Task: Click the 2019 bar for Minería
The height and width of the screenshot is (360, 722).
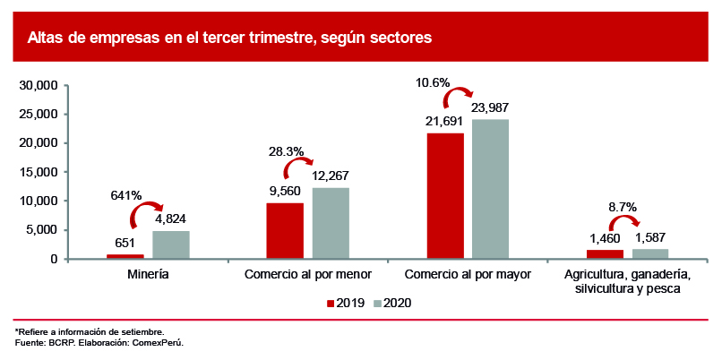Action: point(125,256)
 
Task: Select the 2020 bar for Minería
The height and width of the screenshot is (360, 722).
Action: point(170,244)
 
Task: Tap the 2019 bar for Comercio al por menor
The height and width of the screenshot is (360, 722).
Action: point(285,231)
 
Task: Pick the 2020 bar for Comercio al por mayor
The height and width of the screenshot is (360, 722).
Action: point(491,189)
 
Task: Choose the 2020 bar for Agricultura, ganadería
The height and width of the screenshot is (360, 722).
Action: point(650,253)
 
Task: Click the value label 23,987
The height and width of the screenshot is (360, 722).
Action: point(490,107)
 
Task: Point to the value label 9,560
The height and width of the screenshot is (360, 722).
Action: point(286,191)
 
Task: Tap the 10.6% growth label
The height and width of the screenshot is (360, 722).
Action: point(433,82)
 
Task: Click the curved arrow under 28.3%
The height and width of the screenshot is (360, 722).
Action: point(298,168)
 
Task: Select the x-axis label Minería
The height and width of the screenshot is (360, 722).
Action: point(148,272)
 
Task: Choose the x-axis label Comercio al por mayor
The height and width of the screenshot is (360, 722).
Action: point(468,272)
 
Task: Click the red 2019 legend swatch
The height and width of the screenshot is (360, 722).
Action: point(330,304)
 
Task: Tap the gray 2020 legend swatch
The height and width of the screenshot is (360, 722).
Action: point(377,304)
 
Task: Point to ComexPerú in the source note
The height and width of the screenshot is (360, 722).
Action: point(159,342)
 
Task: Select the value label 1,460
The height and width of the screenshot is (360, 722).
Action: point(606,239)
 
